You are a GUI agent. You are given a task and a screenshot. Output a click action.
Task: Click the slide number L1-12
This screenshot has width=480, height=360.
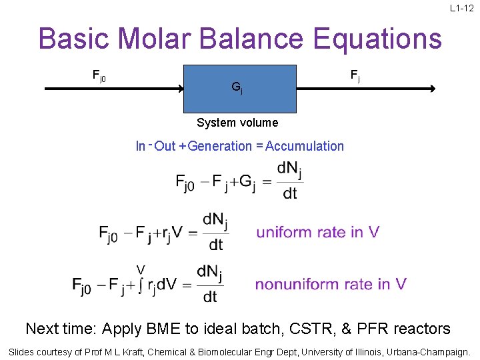click(461, 8)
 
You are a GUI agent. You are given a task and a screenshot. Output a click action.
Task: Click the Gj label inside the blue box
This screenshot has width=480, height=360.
click(237, 87)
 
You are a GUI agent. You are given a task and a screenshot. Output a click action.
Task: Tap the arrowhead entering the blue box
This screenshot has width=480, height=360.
click(179, 88)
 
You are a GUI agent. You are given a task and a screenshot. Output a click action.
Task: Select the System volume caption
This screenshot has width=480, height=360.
click(237, 123)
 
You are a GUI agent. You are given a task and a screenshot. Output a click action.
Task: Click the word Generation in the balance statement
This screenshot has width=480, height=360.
click(220, 146)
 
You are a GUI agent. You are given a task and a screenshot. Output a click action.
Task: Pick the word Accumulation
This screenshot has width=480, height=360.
click(305, 146)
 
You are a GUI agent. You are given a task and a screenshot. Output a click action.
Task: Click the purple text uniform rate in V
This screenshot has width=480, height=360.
click(318, 232)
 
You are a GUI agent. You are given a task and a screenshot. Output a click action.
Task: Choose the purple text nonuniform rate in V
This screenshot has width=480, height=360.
click(331, 284)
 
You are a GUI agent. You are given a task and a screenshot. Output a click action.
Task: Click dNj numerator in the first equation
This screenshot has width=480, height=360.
click(289, 169)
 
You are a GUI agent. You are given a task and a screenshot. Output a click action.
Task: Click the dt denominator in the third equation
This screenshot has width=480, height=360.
click(210, 297)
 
